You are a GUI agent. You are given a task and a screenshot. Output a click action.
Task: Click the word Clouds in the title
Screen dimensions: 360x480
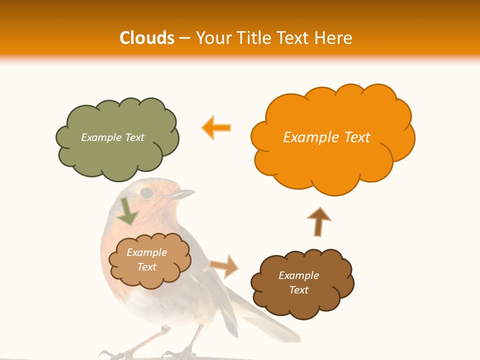pos(147,38)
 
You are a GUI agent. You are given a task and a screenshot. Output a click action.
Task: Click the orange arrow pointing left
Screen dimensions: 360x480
pos(216,127)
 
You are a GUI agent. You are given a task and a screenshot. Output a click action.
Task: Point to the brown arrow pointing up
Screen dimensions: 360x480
pos(318,221)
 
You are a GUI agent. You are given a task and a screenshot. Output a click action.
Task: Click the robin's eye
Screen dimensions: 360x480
pos(146,192)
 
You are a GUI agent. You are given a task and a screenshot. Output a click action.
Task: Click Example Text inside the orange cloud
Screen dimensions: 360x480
pos(326,137)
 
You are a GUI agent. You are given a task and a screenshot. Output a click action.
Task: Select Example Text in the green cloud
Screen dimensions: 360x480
pos(112,137)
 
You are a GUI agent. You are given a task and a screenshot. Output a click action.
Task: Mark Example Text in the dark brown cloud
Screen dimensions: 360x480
pos(298,282)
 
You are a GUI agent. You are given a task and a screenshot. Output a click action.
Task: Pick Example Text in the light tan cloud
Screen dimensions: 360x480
pos(146,260)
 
